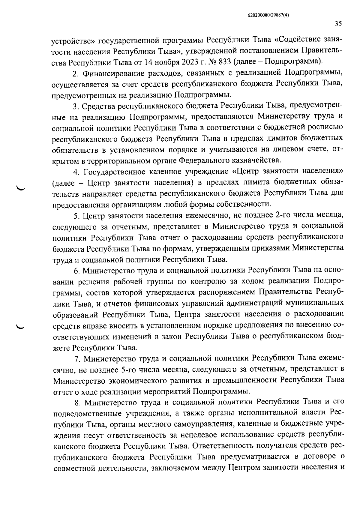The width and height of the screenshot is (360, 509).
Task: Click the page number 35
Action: tap(338, 24)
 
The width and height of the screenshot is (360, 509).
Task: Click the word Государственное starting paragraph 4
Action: tap(115, 172)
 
